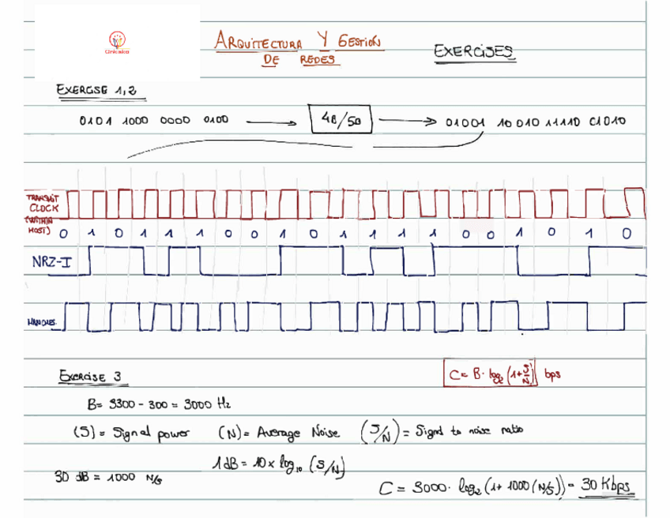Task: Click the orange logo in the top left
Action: tap(117, 42)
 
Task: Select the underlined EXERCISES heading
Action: tap(474, 51)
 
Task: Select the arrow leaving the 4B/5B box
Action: tap(408, 122)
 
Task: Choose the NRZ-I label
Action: tap(51, 261)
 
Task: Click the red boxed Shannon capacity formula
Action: tap(491, 373)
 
